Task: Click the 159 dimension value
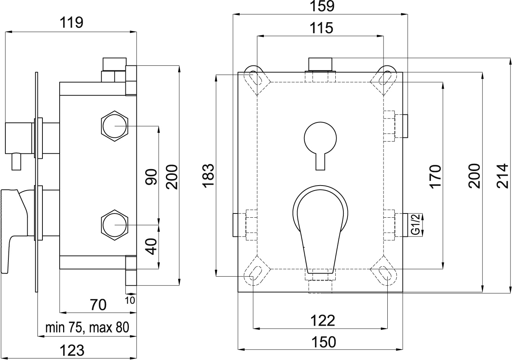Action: [x=322, y=6]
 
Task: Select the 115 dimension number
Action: [x=321, y=28]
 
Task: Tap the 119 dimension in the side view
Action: [x=72, y=23]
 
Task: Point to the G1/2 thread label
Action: [x=415, y=224]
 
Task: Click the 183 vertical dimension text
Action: [x=209, y=176]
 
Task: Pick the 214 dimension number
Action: [x=502, y=176]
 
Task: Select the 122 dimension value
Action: [x=322, y=321]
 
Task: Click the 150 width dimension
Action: [x=324, y=342]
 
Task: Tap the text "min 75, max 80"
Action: [x=87, y=327]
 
